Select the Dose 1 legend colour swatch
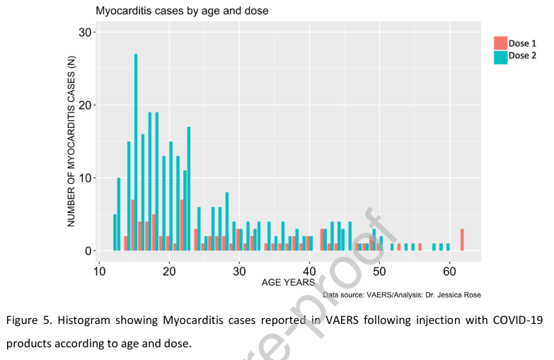[x=500, y=43]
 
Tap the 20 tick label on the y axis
[x=85, y=105]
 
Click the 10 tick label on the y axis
[x=85, y=178]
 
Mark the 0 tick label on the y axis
[x=88, y=251]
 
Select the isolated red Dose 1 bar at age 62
[x=462, y=240]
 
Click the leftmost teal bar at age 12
[x=115, y=233]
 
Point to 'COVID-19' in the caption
[x=518, y=320]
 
